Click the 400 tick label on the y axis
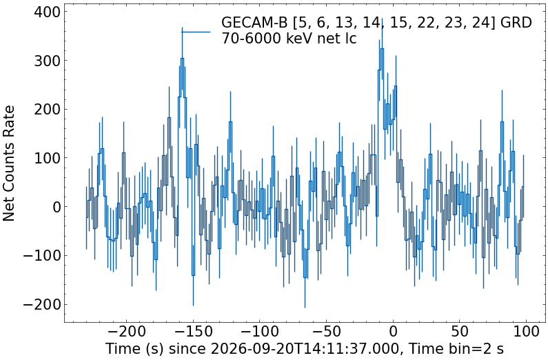47,12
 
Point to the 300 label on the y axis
47,61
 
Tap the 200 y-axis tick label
47,109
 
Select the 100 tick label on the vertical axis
47,158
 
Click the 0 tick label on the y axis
56,207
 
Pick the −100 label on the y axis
41,255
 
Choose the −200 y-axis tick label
41,304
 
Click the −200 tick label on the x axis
126,331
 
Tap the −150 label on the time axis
193,331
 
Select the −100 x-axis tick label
260,331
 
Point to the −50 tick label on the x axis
327,331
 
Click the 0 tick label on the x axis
393,331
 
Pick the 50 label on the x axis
460,331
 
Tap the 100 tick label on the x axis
527,331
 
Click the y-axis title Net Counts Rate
9,163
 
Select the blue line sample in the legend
196,32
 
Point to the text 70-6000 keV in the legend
266,39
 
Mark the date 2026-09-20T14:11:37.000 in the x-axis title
305,349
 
